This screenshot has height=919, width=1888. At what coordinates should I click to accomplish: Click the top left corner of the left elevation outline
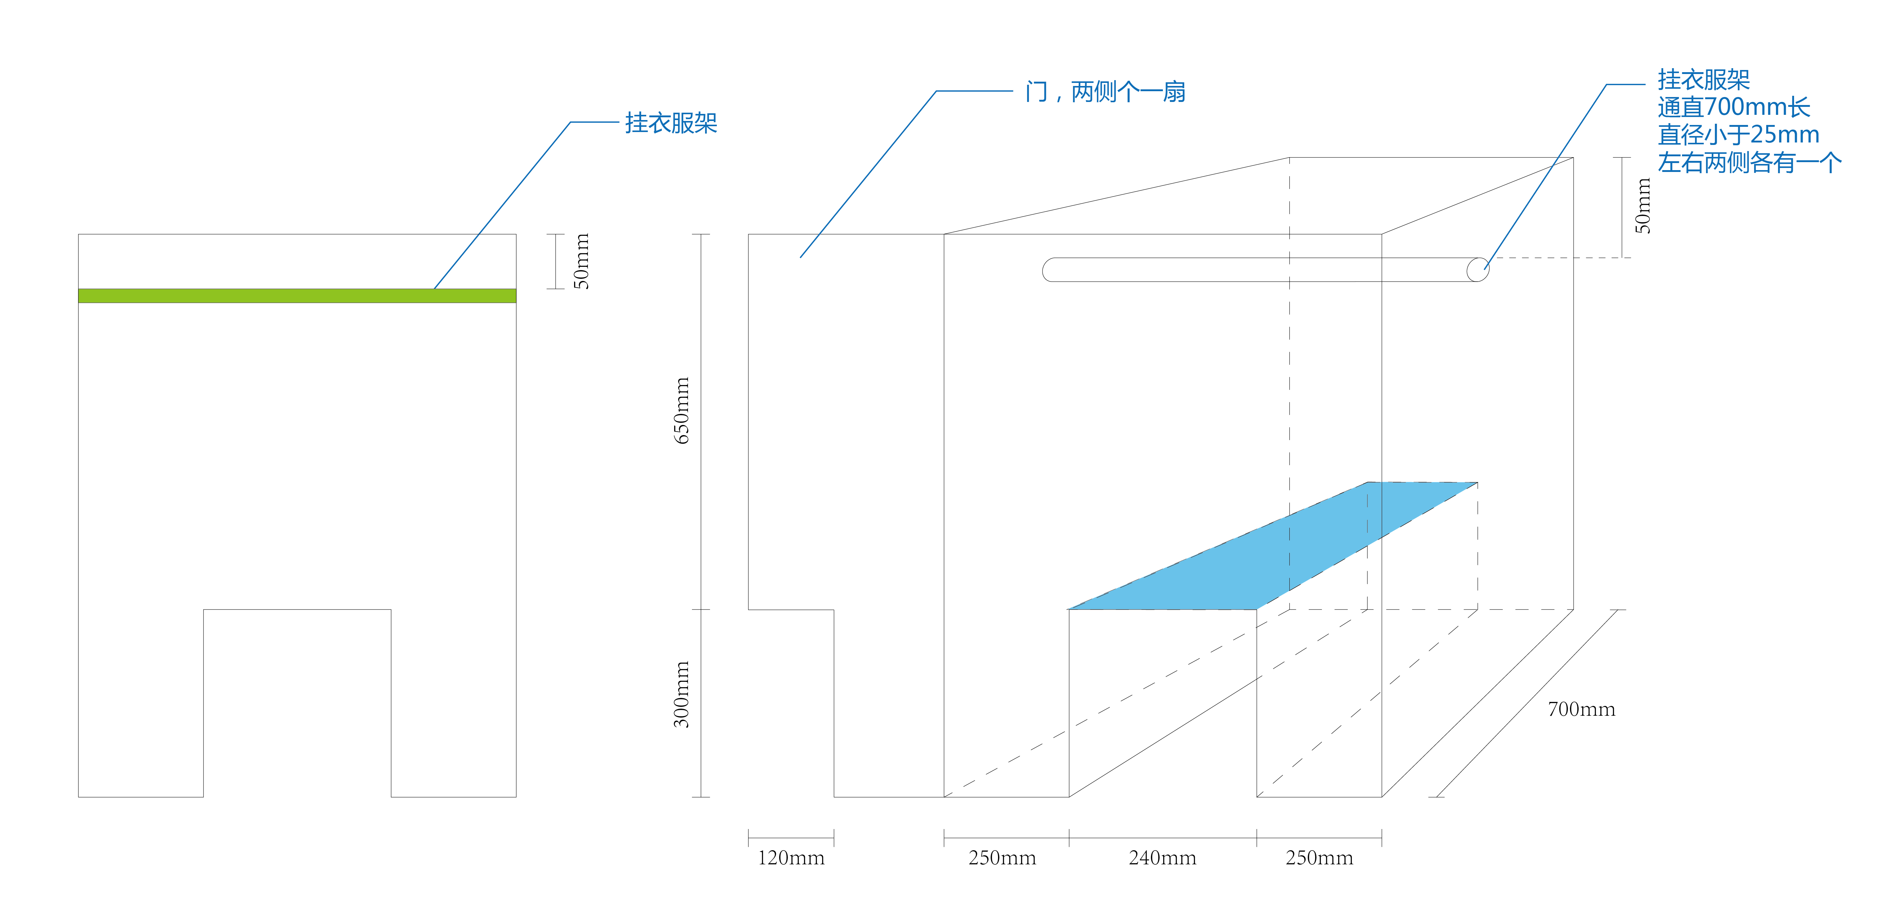[78, 235]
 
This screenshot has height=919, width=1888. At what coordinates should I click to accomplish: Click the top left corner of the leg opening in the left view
[204, 610]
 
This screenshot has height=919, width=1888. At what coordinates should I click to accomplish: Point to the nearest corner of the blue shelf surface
[1069, 609]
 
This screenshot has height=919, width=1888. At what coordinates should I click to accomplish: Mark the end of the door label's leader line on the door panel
[800, 257]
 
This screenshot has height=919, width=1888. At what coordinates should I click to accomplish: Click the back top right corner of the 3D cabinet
[1574, 158]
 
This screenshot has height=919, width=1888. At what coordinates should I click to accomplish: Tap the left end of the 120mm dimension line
[748, 838]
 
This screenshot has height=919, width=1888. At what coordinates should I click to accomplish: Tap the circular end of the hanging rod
[1478, 270]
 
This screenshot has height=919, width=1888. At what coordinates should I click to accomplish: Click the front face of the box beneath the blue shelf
[1163, 703]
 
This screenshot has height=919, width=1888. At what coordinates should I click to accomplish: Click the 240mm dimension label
[1162, 858]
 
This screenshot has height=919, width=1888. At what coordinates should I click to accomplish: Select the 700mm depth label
[1582, 709]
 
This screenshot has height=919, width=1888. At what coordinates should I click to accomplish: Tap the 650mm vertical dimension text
[682, 411]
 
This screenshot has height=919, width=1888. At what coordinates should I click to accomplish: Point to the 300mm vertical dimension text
[682, 694]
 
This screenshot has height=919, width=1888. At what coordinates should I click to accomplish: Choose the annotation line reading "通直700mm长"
[1734, 107]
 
